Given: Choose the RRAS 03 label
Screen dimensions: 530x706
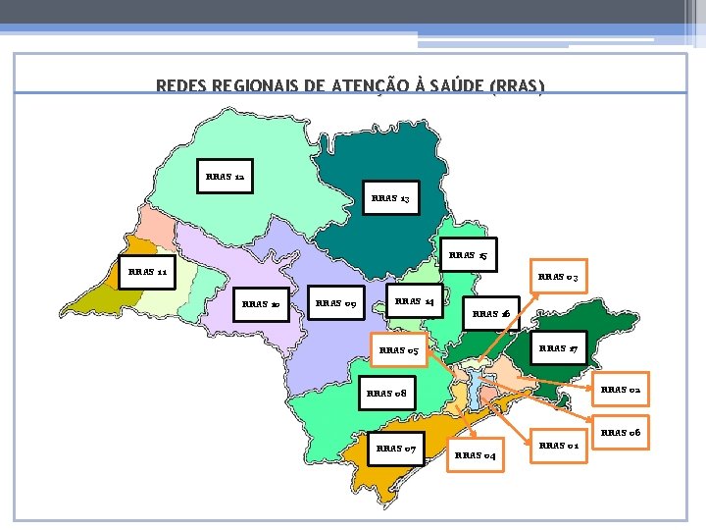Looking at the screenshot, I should point(559,278).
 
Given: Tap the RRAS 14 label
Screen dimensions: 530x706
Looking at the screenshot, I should point(416,300).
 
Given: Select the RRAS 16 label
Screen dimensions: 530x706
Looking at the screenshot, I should point(490,314).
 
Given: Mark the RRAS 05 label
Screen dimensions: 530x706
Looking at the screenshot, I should point(399,350).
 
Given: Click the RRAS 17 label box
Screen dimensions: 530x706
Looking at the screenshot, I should point(558,348).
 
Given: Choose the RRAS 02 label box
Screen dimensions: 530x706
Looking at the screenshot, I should point(620,390).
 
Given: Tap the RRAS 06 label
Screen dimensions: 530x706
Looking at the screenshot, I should point(620,433).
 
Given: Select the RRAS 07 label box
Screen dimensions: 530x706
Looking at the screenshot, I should point(396,450).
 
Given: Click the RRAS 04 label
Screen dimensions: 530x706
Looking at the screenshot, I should point(476,455).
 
